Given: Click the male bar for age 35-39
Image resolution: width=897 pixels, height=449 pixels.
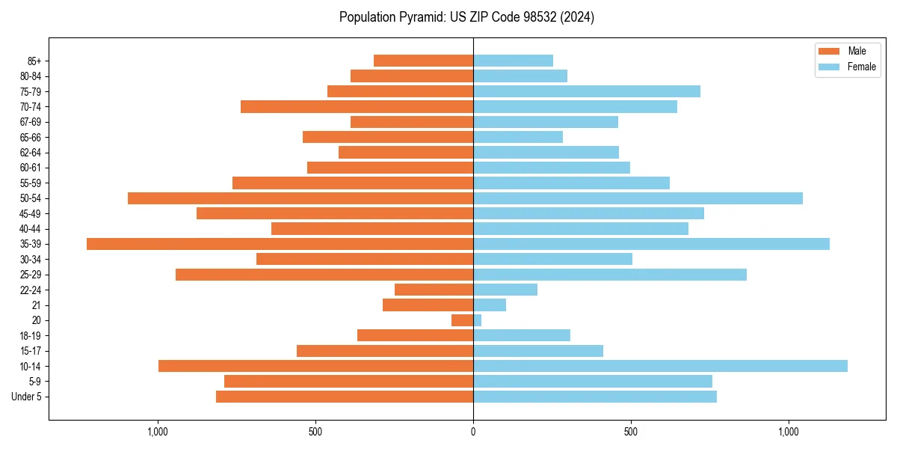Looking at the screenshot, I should point(280,244).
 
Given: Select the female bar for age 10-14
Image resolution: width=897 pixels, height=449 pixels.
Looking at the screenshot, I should point(660,366).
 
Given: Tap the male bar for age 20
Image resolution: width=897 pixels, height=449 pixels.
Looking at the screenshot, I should point(462,320).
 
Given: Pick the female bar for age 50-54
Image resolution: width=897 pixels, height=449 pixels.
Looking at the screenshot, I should point(638,198).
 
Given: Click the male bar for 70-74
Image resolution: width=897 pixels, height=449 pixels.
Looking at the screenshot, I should point(357,107).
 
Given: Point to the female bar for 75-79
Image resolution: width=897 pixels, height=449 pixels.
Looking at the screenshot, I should point(587,91).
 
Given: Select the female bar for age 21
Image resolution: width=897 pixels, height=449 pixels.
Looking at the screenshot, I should point(490,305).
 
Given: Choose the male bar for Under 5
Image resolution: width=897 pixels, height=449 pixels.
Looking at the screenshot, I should point(345,397).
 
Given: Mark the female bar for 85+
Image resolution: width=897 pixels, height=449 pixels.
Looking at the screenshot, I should point(513,61).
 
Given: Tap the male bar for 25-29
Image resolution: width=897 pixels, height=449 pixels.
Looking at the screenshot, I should point(324,275).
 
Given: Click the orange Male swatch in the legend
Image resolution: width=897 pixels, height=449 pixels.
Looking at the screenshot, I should point(830,51).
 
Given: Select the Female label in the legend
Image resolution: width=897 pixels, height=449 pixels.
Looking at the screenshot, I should point(861,67).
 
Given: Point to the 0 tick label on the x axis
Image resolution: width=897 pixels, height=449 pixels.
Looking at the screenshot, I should point(473,432).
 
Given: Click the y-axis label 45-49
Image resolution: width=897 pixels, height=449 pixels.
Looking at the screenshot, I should point(31,213).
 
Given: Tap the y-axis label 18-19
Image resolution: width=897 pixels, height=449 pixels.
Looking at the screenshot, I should point(31,336).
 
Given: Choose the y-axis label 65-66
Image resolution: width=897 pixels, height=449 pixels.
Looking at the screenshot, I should point(31,138).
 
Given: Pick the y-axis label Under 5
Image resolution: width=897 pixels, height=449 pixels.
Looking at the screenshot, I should point(26,397).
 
